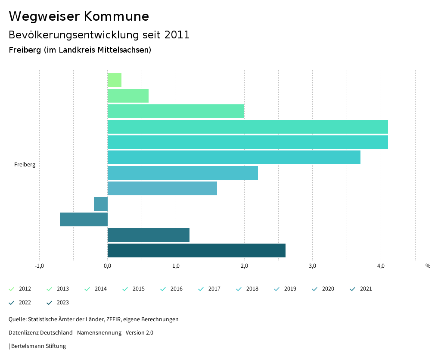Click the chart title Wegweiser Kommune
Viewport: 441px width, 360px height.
[79, 16]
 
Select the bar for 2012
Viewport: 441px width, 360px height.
[115, 80]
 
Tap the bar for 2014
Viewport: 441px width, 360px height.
[176, 111]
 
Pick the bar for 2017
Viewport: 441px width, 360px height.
[234, 157]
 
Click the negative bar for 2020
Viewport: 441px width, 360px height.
[101, 204]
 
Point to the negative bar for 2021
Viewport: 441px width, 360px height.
[84, 219]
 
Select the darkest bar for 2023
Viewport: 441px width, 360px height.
[196, 250]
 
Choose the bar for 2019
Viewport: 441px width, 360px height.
[162, 188]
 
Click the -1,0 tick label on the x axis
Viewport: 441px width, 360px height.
[39, 266]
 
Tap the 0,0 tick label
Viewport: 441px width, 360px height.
[108, 266]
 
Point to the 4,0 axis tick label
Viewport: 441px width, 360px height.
[381, 266]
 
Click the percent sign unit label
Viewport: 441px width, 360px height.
[428, 266]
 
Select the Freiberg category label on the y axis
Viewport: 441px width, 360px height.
[25, 165]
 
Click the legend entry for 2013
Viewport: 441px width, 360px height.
[62, 289]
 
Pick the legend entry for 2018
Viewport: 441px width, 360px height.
[252, 289]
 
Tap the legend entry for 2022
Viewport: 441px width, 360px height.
[25, 303]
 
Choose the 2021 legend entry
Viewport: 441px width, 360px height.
[366, 289]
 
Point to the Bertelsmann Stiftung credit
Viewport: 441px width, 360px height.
[38, 346]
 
